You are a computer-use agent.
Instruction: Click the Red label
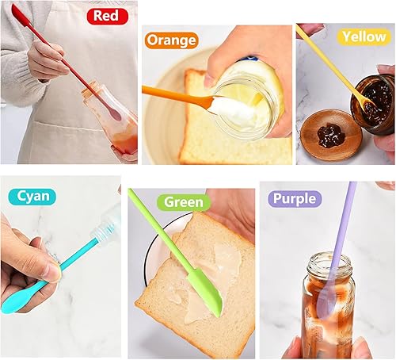pyautogui.click(x=106, y=15)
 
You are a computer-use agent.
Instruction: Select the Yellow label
pyautogui.click(x=364, y=36)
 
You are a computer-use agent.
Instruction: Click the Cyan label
pyautogui.click(x=32, y=195)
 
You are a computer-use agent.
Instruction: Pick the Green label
pyautogui.click(x=183, y=203)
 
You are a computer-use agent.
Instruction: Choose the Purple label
pyautogui.click(x=294, y=197)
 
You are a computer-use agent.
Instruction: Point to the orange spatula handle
pyautogui.click(x=170, y=94)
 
